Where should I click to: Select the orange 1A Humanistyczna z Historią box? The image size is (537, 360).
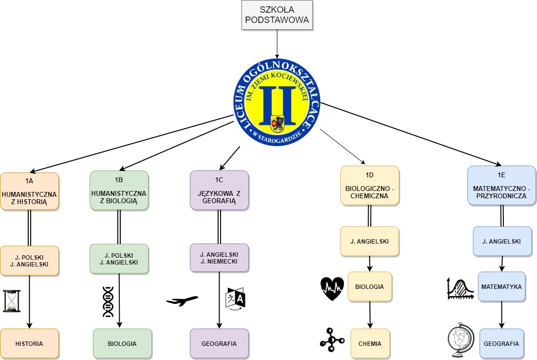[30, 191]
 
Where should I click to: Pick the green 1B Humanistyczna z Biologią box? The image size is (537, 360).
[119, 190]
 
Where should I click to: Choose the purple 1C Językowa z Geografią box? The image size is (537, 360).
[219, 190]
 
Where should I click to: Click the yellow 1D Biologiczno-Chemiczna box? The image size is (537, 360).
[370, 186]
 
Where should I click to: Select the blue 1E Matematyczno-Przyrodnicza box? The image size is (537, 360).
[501, 185]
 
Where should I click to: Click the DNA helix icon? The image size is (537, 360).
[108, 302]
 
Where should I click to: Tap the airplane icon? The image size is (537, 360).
[182, 301]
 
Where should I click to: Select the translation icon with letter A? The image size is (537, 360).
[236, 298]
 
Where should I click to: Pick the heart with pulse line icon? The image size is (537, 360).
[332, 288]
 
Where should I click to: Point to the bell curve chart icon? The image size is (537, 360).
[460, 288]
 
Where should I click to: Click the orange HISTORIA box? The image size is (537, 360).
[30, 343]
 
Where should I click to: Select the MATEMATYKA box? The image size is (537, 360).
[501, 286]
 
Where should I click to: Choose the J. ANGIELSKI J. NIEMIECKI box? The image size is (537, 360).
[219, 258]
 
